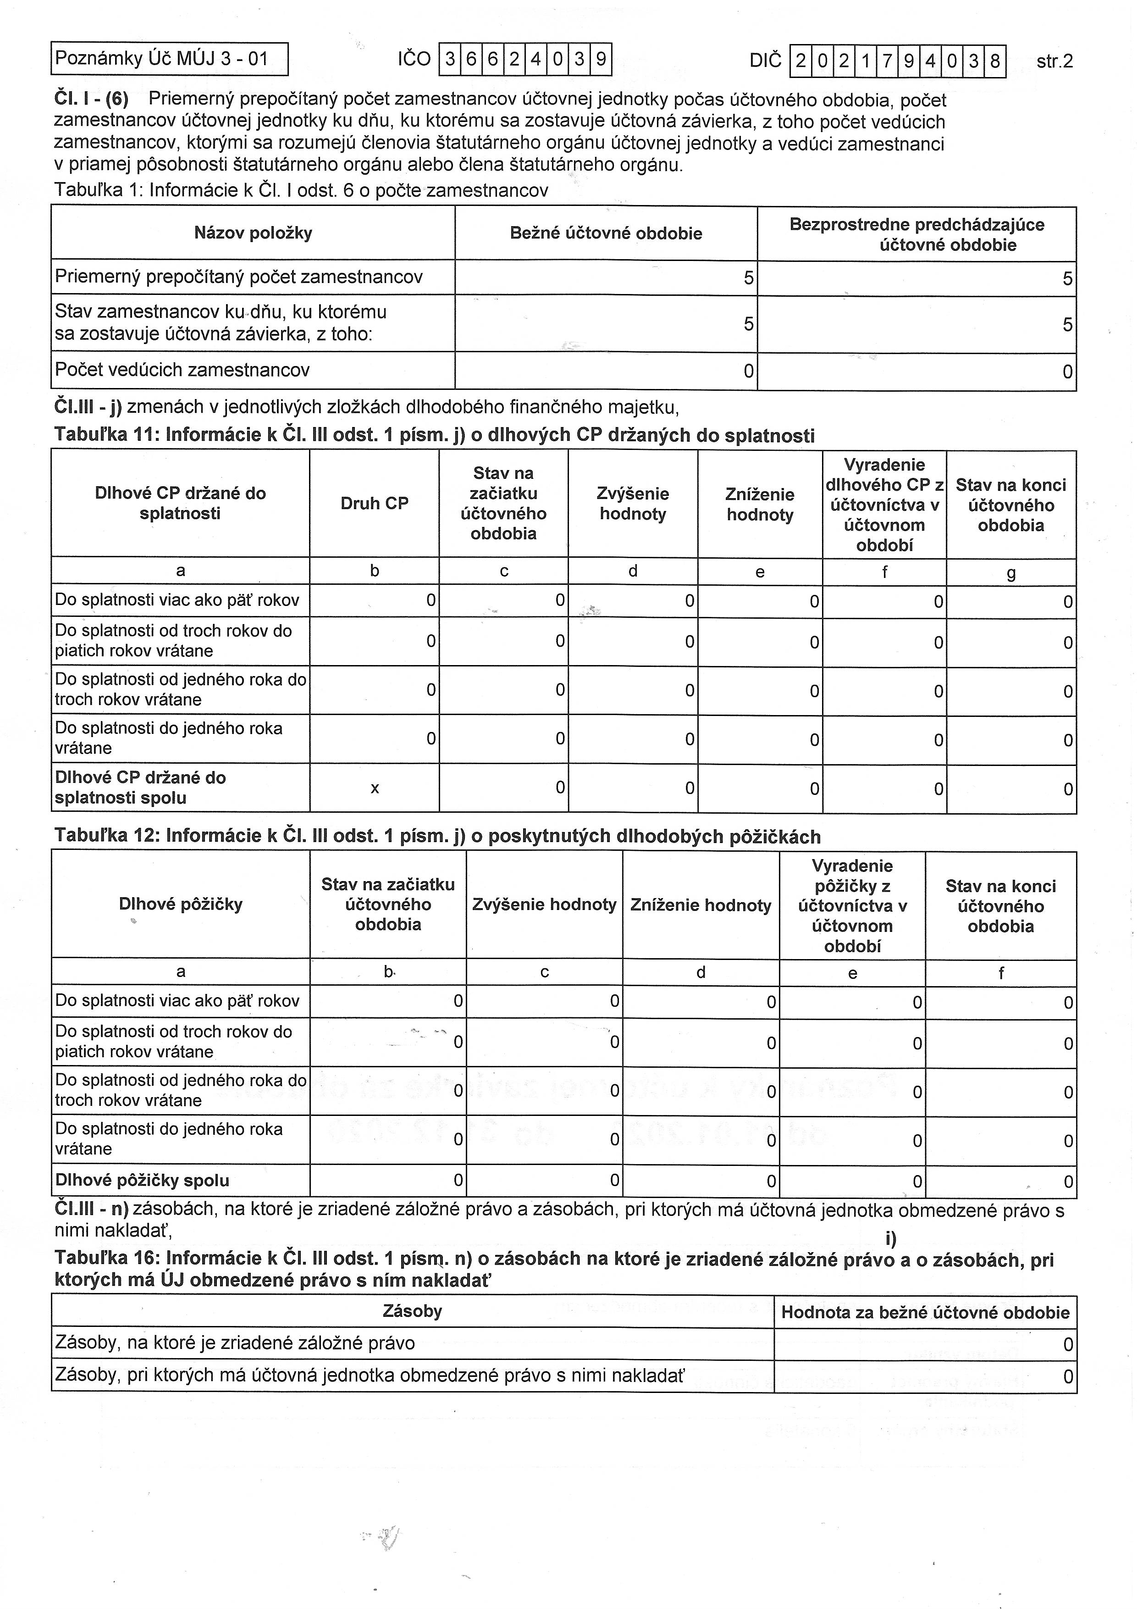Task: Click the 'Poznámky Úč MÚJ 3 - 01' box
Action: (x=170, y=58)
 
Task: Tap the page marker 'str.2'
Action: (x=1054, y=61)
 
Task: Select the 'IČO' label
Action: (x=414, y=59)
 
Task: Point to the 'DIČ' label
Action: (x=765, y=61)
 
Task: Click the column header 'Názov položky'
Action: (x=253, y=233)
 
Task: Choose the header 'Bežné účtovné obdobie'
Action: (x=606, y=233)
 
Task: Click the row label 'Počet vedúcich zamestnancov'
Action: (x=182, y=370)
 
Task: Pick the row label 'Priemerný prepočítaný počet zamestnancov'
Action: (x=239, y=277)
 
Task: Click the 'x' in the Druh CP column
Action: (x=375, y=788)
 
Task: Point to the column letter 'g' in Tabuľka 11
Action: (x=1011, y=573)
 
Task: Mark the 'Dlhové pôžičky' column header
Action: (x=181, y=904)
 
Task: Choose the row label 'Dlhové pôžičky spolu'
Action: (x=142, y=1180)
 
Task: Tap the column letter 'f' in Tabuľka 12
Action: (x=1001, y=973)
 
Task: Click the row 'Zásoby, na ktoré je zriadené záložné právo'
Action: (x=235, y=1343)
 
